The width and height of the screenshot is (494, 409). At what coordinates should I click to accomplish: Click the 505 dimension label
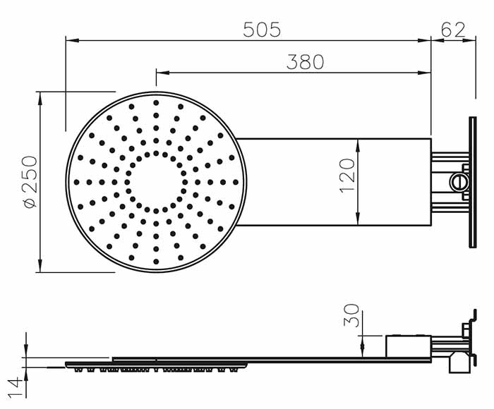click(x=262, y=30)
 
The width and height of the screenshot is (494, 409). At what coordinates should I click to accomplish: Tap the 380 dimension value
click(x=306, y=62)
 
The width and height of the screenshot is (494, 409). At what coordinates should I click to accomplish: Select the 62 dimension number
click(x=453, y=30)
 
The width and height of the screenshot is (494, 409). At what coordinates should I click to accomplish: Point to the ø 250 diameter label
click(x=31, y=182)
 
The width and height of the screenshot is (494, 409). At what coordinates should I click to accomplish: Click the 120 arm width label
click(x=347, y=176)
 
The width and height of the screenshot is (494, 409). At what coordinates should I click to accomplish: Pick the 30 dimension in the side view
click(x=351, y=315)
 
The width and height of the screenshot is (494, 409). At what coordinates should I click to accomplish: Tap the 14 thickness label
click(x=16, y=388)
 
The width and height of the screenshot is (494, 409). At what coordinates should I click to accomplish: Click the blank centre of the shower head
click(x=156, y=182)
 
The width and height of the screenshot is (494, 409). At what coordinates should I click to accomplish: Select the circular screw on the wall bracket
click(x=457, y=182)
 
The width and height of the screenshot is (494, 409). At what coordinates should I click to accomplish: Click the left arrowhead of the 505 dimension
click(x=72, y=40)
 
